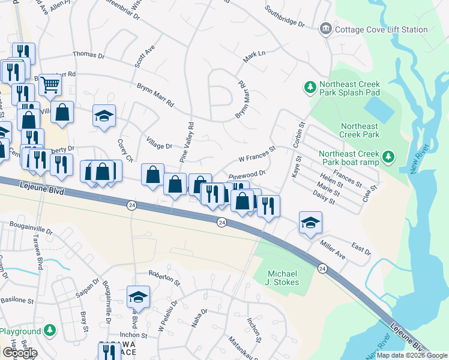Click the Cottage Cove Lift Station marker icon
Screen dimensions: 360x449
pyautogui.click(x=326, y=29)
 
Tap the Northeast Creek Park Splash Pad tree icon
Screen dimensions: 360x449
pyautogui.click(x=310, y=88)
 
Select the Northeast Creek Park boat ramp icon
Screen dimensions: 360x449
pyautogui.click(x=388, y=157)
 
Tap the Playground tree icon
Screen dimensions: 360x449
pyautogui.click(x=50, y=331)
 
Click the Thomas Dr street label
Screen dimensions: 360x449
pyautogui.click(x=88, y=55)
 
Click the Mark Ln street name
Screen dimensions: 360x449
pyautogui.click(x=254, y=58)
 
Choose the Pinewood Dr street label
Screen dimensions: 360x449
pyautogui.click(x=247, y=174)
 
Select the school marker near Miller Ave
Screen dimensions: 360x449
pyautogui.click(x=310, y=222)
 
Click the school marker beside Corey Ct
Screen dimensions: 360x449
pyautogui.click(x=104, y=116)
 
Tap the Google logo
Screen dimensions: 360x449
pyautogui.click(x=20, y=352)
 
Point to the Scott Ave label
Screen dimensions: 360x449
pyautogui.click(x=145, y=56)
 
